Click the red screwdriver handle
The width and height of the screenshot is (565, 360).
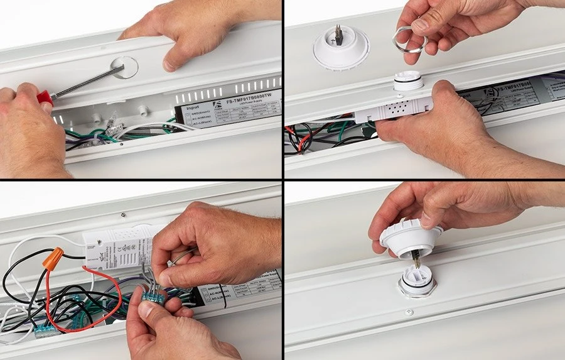[x=45, y=97]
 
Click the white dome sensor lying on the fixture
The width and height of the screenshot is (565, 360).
[x=341, y=48]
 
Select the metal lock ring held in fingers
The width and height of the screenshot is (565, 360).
[x=409, y=43]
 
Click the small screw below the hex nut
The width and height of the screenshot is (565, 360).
[x=409, y=312]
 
